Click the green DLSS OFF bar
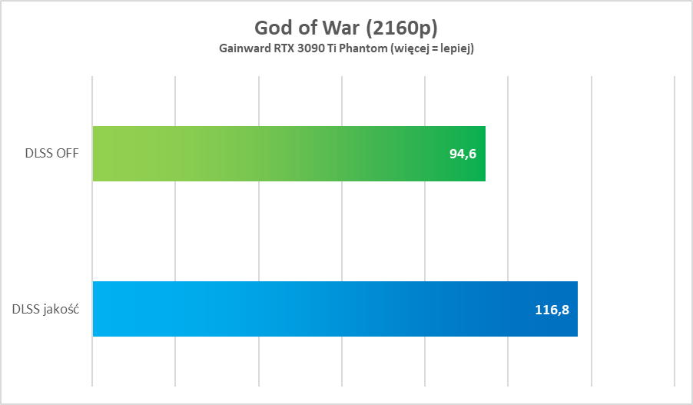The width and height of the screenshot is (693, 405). [288, 154]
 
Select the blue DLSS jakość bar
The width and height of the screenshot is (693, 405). [334, 309]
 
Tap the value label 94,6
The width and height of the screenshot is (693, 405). [463, 154]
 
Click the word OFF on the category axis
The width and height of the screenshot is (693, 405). [70, 154]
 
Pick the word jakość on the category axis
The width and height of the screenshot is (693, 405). [64, 310]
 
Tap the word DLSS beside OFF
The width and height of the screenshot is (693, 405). [38, 154]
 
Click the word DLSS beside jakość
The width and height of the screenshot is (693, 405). [27, 310]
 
